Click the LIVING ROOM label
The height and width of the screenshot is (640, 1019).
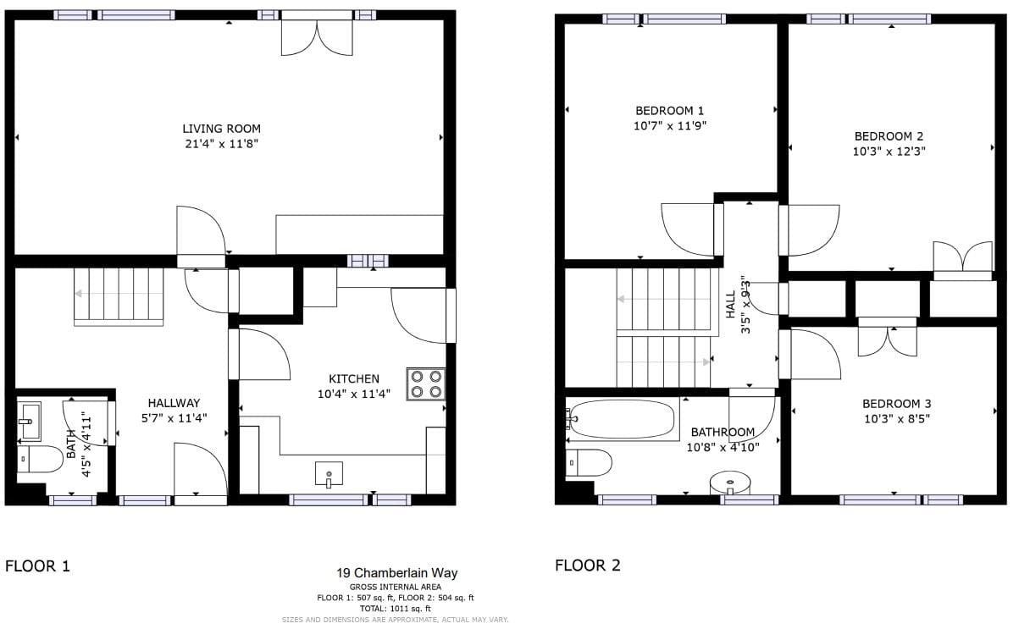click(x=222, y=129)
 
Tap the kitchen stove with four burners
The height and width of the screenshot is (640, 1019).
click(x=426, y=384)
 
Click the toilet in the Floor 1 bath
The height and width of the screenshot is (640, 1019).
click(x=40, y=459)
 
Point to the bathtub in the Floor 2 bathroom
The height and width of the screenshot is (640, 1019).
click(x=623, y=420)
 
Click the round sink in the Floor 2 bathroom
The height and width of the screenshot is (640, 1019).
click(x=730, y=483)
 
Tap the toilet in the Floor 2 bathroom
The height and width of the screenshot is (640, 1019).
click(x=589, y=463)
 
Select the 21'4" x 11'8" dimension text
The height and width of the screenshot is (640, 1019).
click(x=222, y=144)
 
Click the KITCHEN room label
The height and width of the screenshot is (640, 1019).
click(x=354, y=378)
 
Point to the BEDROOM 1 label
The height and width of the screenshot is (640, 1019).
click(x=670, y=110)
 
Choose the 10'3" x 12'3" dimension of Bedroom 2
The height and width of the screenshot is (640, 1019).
click(x=889, y=152)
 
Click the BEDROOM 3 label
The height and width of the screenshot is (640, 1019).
click(x=897, y=404)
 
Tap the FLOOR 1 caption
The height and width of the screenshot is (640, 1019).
click(x=38, y=566)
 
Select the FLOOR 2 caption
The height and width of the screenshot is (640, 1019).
click(x=588, y=566)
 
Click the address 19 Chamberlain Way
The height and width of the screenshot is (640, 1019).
click(x=397, y=573)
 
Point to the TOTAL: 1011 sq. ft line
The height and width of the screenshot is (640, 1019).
click(x=396, y=609)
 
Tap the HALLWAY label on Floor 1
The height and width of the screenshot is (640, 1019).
click(x=174, y=403)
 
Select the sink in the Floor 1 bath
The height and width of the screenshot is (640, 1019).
click(x=30, y=422)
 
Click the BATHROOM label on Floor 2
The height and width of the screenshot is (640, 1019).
click(x=723, y=432)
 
